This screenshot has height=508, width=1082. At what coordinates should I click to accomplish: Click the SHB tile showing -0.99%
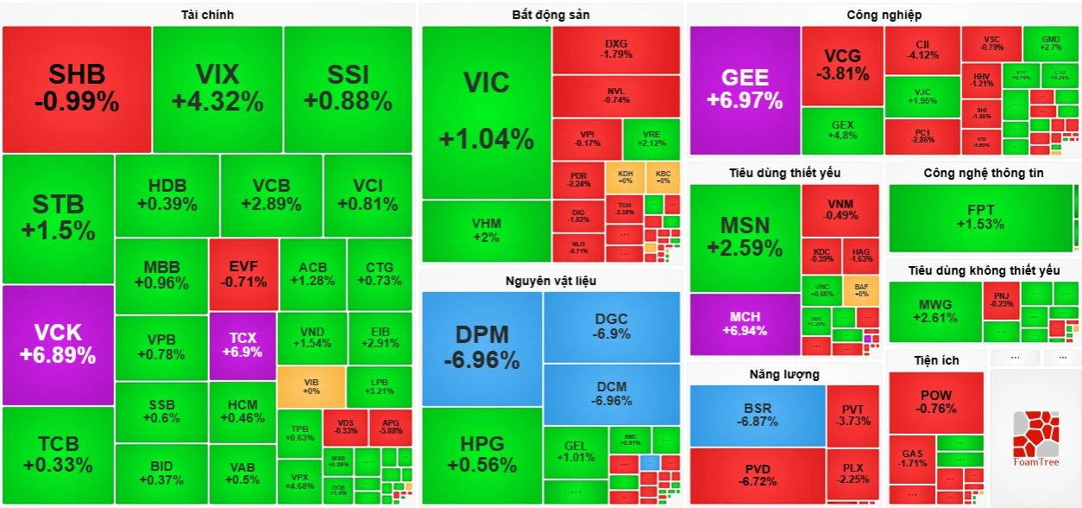(x=77, y=89)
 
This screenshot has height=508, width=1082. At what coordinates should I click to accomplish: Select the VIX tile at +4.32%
(x=217, y=89)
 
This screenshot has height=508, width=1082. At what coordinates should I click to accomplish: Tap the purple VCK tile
(x=58, y=344)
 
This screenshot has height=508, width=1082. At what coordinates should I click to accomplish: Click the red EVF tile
(x=243, y=274)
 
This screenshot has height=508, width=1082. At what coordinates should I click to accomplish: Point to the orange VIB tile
(x=311, y=386)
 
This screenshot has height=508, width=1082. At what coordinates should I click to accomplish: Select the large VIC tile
(x=486, y=111)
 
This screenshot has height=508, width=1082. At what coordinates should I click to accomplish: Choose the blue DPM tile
(x=481, y=347)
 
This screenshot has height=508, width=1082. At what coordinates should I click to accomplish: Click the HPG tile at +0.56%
(x=481, y=454)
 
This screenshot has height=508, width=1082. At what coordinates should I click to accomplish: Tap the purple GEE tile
(x=745, y=89)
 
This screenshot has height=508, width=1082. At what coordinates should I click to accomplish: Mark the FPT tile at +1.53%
(x=980, y=217)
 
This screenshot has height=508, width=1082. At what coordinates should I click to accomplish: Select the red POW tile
(x=936, y=402)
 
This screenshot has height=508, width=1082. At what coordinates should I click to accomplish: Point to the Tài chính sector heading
(x=207, y=15)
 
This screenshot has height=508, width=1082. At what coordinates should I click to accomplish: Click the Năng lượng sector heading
(x=784, y=374)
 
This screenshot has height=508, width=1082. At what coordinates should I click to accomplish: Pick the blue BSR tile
(x=757, y=415)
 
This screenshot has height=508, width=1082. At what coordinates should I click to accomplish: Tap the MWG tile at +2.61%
(x=935, y=311)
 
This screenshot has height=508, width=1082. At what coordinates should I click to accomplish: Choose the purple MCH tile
(x=745, y=324)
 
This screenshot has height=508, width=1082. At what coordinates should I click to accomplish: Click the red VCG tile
(x=842, y=66)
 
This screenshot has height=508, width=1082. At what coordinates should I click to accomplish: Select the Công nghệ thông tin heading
(x=983, y=173)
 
